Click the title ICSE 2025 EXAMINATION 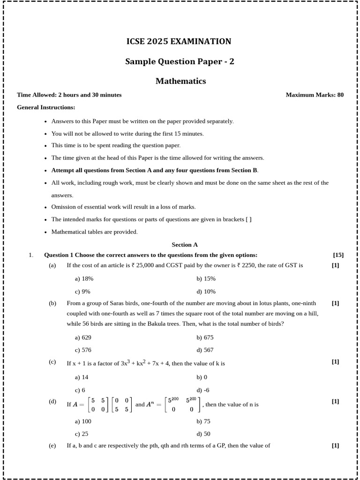pos(179,42)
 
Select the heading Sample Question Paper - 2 pos(180,61)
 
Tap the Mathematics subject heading pos(180,81)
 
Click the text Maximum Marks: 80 pos(315,95)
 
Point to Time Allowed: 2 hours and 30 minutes pos(69,95)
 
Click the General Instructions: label pos(46,107)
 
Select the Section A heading pos(185,245)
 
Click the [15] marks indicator pos(338,255)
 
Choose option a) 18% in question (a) pos(84,278)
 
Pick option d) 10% pos(206,291)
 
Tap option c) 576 pos(83,350)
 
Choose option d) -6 pos(203,390)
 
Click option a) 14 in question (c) pos(82,377)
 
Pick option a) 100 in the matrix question pos(83,421)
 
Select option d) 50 pos(203,434)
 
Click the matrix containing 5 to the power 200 pos(182,404)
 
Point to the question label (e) pos(52,446)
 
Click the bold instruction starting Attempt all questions pos(155,170)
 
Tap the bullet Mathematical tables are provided pos(94,232)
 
